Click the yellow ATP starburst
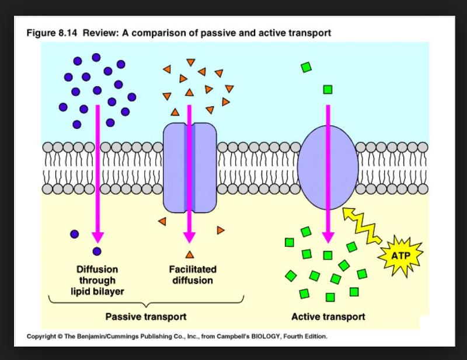point(401,256)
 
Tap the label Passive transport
point(146,317)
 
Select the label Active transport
point(328,317)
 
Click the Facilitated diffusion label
point(192,274)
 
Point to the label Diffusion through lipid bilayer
point(97,279)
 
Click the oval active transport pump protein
point(327,167)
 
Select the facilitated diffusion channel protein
point(190,167)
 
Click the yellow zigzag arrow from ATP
point(363,224)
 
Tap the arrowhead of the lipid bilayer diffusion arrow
point(97,237)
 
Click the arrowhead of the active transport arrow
point(328,237)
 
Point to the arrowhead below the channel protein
point(189,237)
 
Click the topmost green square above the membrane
point(306,67)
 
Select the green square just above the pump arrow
point(327,89)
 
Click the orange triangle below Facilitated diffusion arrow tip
point(189,254)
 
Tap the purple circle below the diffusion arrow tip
point(97,251)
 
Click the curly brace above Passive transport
point(146,301)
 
